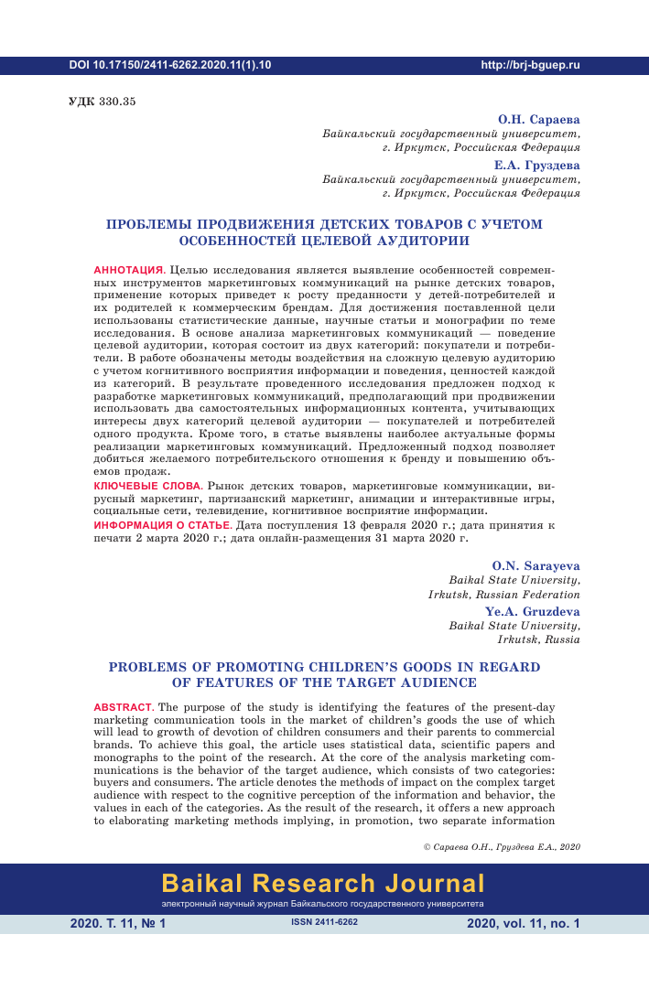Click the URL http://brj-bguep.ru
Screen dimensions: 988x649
(x=530, y=66)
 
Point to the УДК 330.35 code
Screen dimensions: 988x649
(x=102, y=102)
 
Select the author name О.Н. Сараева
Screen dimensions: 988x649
(x=538, y=120)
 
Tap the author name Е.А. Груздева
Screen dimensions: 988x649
(x=536, y=166)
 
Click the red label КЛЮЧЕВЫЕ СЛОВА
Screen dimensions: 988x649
(x=147, y=485)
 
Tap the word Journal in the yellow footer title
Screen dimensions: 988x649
(x=434, y=884)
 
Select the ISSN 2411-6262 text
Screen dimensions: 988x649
(x=323, y=923)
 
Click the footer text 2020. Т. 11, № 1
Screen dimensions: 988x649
(x=118, y=924)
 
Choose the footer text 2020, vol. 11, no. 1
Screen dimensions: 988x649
(x=523, y=924)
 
